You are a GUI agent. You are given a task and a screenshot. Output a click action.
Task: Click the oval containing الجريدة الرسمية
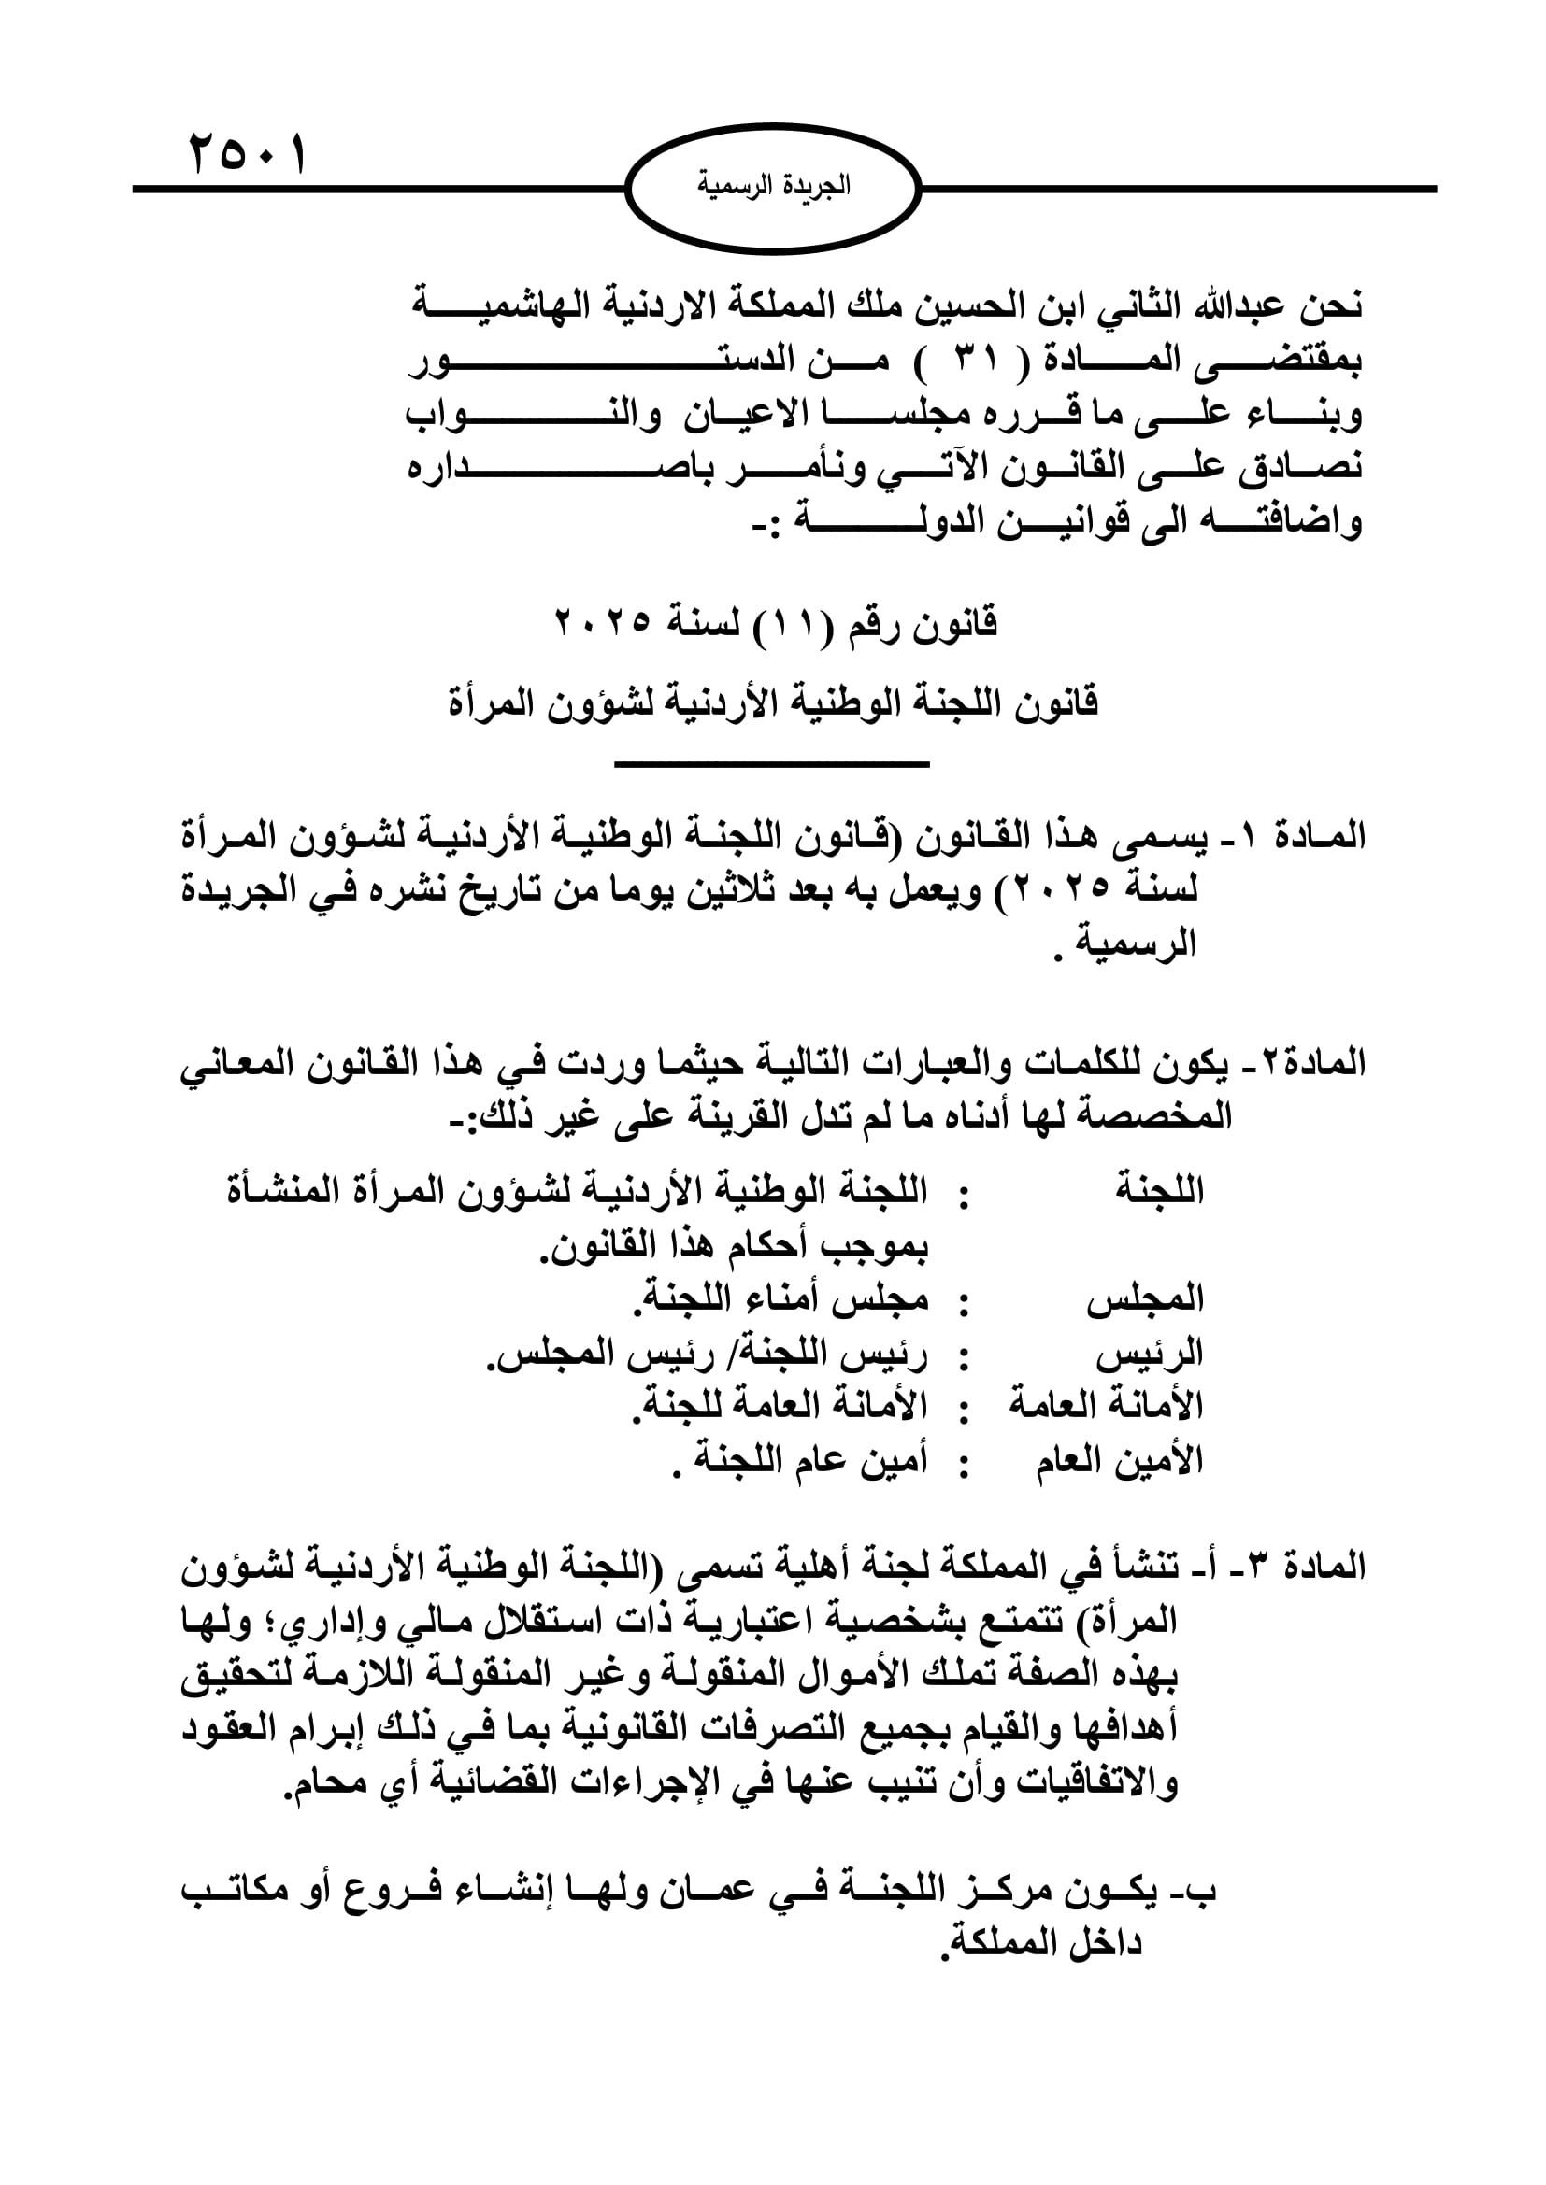pos(773,189)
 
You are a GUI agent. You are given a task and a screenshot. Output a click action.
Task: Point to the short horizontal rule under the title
pos(772,763)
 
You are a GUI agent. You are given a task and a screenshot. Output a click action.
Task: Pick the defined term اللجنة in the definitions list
pos(1158,1190)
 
